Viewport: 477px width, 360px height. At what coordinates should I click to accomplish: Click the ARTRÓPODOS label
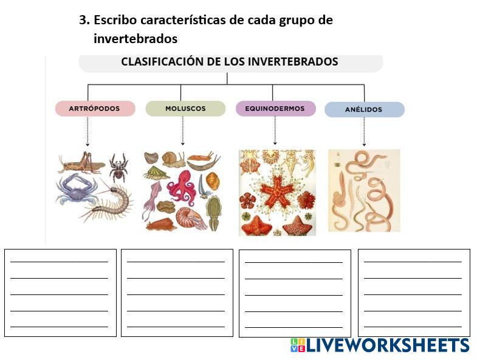(x=95, y=109)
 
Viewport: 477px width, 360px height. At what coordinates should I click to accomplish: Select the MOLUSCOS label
(x=185, y=109)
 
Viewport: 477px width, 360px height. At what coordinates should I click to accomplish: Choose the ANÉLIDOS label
(x=364, y=110)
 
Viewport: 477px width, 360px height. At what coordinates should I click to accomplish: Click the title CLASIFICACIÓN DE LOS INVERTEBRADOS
(x=230, y=62)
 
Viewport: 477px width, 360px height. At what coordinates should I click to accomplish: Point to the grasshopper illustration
(x=81, y=162)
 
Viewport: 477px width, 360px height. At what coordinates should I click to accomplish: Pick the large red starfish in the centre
(x=276, y=189)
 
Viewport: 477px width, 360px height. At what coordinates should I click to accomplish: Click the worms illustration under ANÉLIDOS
(x=364, y=191)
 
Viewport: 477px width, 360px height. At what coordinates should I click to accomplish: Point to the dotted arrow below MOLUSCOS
(x=183, y=131)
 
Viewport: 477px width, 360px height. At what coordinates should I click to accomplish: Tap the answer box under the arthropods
(x=60, y=293)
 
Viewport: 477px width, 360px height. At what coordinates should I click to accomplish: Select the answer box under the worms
(x=414, y=293)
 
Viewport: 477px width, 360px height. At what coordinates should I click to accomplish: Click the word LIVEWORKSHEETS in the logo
(x=388, y=346)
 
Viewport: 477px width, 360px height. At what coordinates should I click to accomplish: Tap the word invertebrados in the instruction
(x=136, y=39)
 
